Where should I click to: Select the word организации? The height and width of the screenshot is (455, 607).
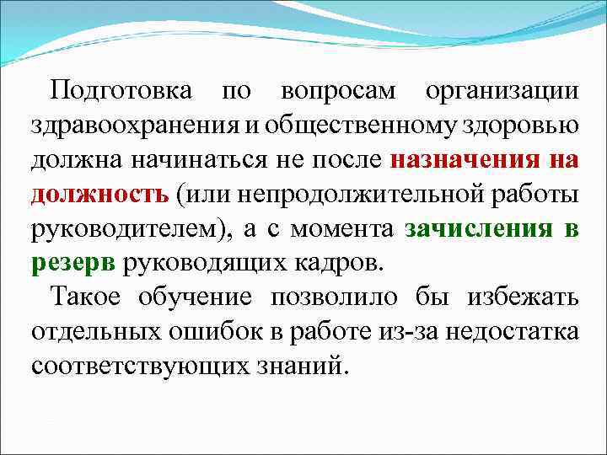(x=502, y=89)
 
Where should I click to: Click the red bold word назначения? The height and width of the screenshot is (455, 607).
(x=465, y=160)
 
